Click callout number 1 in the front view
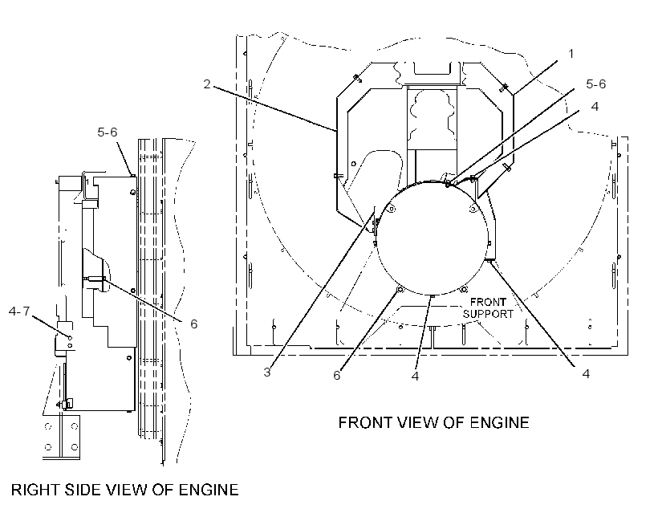point(571,54)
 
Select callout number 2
point(207,84)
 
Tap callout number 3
point(267,372)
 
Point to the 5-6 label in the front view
point(596,84)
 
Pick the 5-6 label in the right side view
point(108,132)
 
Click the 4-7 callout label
point(19,312)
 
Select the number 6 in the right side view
point(194,324)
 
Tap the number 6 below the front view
point(337,376)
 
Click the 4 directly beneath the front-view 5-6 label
point(595,107)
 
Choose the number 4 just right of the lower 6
point(416,376)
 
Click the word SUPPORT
point(488,314)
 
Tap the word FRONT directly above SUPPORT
point(488,302)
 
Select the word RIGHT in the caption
point(35,490)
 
